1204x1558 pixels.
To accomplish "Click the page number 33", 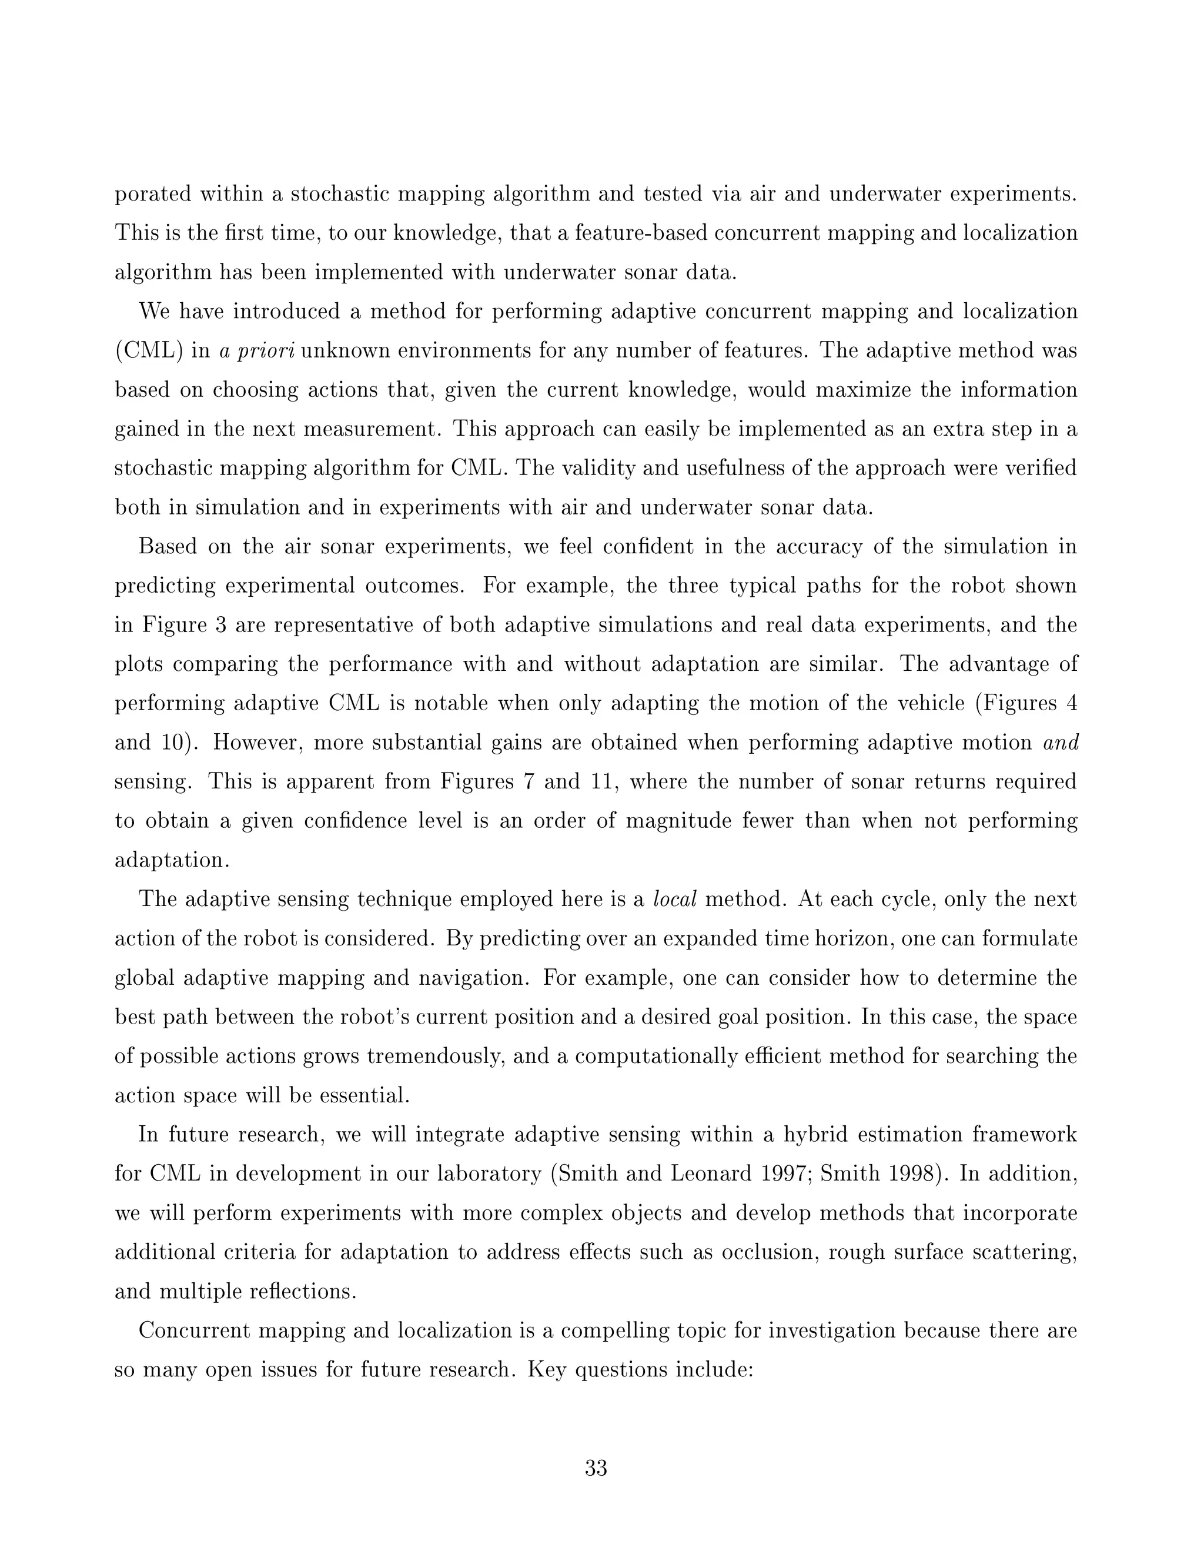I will point(596,1468).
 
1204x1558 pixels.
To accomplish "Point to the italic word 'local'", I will point(675,900).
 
